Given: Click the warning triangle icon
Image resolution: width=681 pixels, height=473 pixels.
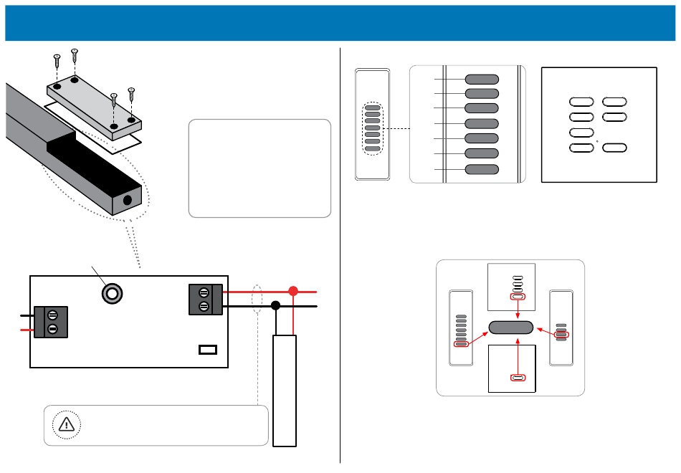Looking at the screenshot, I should (x=65, y=424).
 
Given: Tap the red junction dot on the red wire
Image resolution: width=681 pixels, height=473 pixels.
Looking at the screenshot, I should (x=292, y=292).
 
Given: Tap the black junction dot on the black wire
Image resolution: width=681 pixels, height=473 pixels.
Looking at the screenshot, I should (x=275, y=306).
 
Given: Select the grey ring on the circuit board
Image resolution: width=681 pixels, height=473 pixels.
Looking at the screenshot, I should (x=111, y=293).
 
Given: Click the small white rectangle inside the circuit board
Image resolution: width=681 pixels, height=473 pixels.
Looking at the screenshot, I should (x=207, y=350).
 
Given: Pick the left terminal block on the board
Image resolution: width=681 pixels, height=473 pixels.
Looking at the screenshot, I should (x=52, y=322).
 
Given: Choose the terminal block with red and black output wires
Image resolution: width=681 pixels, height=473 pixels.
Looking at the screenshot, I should (x=204, y=300).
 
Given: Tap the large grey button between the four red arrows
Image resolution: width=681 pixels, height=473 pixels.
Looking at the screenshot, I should (x=511, y=328).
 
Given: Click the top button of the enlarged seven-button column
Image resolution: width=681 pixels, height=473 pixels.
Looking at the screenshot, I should (x=482, y=79).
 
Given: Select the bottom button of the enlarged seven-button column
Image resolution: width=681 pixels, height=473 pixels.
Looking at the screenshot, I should (x=482, y=169).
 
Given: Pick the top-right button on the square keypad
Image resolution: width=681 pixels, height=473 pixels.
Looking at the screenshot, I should (x=614, y=102).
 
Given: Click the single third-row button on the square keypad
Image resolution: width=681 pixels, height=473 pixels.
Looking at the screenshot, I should (x=581, y=133).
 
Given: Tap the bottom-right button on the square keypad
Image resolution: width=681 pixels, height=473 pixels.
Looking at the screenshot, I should (x=614, y=148).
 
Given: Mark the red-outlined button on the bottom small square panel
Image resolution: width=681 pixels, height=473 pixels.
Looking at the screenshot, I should (x=518, y=378).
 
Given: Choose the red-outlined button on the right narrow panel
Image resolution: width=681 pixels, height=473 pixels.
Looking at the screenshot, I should (x=562, y=335).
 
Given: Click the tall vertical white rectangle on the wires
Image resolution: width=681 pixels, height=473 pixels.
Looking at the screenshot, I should (x=285, y=391).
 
